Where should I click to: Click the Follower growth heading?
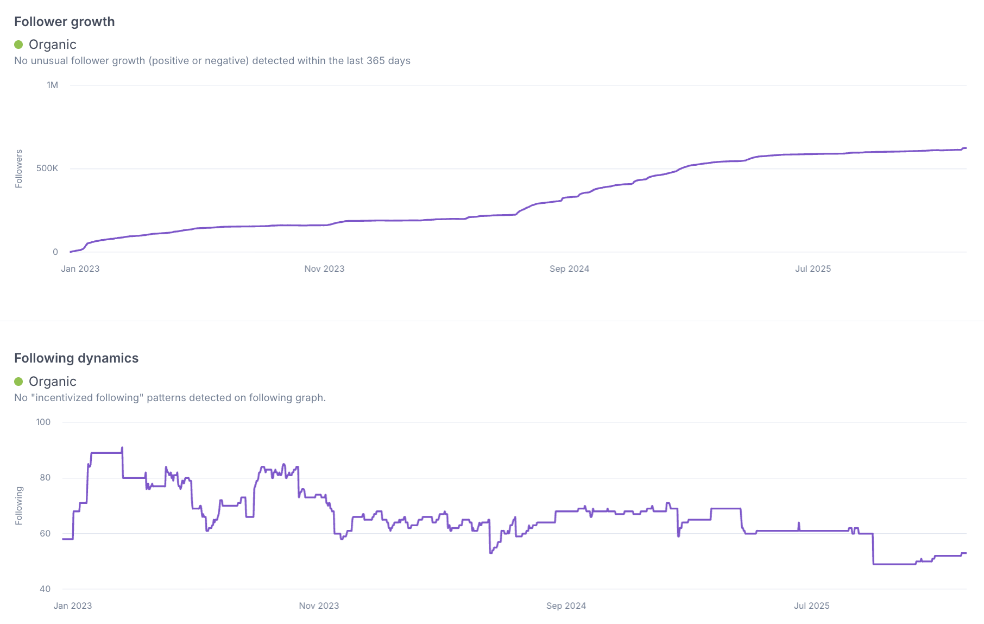tap(64, 22)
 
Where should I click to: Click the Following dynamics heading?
tap(76, 358)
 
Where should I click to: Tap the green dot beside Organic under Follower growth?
tap(18, 45)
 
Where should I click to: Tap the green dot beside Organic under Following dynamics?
tap(18, 382)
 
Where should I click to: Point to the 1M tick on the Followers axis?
tap(52, 85)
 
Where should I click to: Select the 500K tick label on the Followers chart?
tap(47, 169)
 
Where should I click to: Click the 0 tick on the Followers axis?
tap(55, 252)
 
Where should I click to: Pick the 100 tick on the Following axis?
tap(43, 422)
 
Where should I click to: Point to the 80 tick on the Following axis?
tap(45, 478)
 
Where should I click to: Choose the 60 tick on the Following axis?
tap(45, 534)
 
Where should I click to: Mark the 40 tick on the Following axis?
tap(45, 589)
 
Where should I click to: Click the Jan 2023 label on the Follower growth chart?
tap(80, 269)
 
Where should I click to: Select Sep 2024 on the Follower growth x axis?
tap(569, 269)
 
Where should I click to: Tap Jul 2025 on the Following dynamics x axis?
tap(812, 606)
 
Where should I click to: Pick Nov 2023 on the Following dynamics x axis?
tap(319, 606)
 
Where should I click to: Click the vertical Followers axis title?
tap(19, 169)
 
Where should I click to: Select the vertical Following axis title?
tap(19, 506)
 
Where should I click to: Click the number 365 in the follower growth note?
tap(376, 61)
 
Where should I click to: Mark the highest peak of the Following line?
tap(122, 448)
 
